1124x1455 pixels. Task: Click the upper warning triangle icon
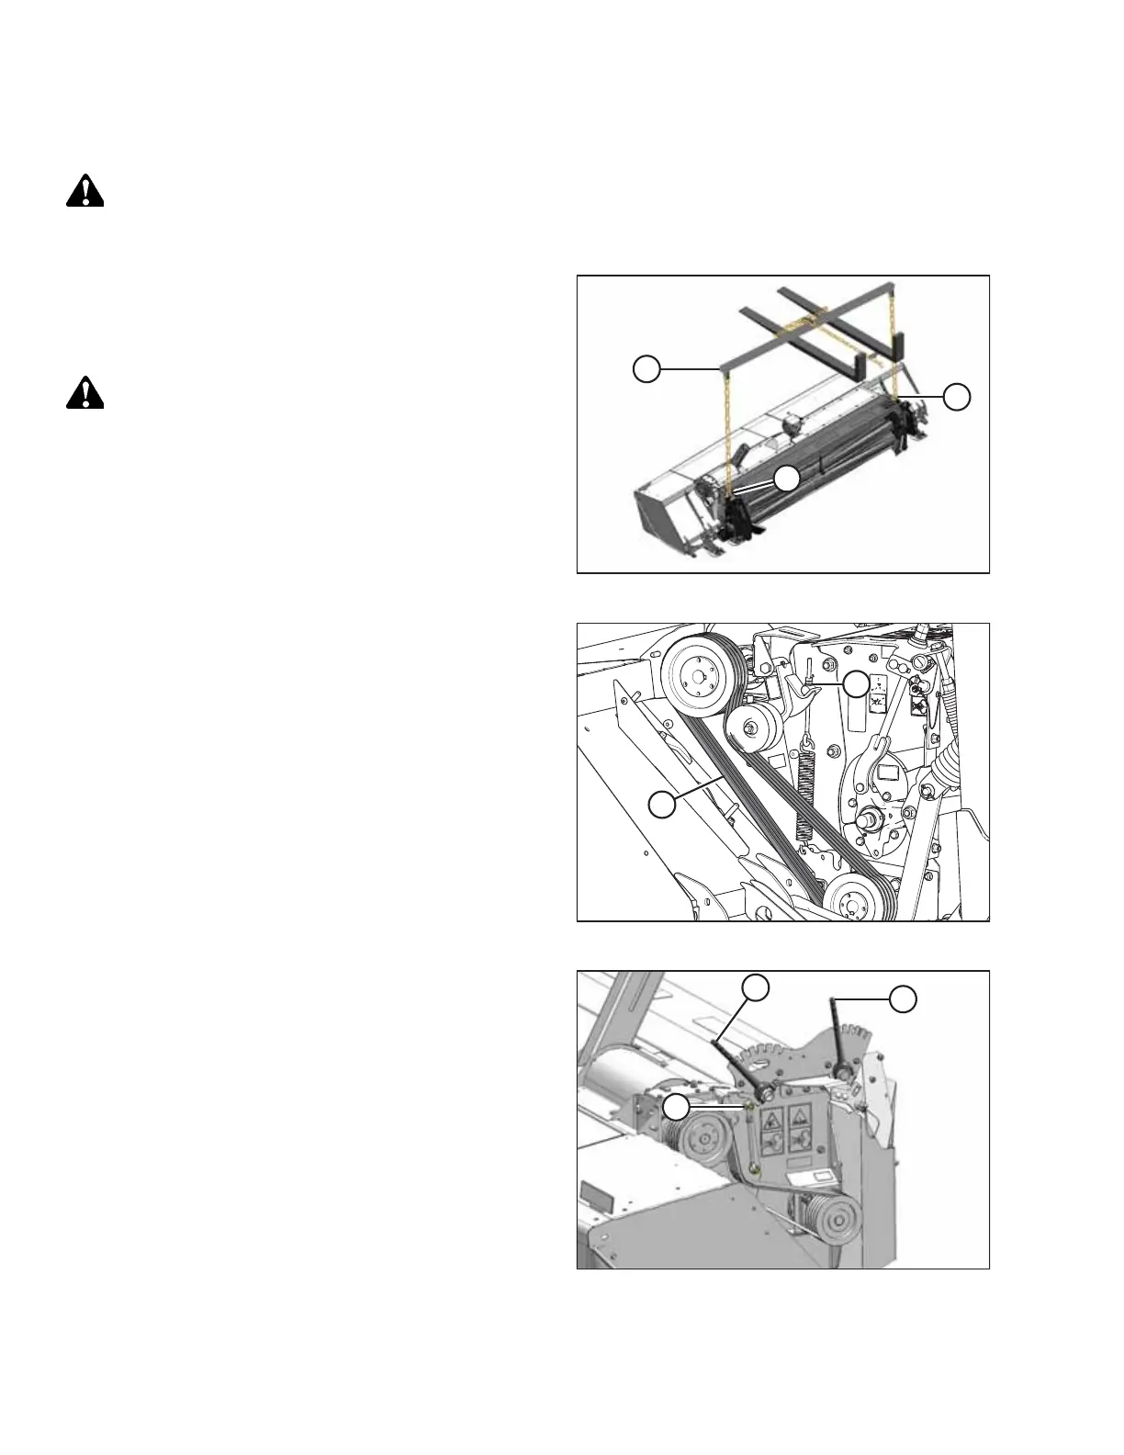click(x=84, y=191)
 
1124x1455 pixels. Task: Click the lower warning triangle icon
click(x=84, y=392)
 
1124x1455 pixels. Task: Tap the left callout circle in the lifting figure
click(x=646, y=369)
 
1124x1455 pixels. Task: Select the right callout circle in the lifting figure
click(x=957, y=396)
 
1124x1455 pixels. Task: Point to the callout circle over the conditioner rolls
click(x=786, y=478)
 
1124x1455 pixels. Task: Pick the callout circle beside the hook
click(x=857, y=682)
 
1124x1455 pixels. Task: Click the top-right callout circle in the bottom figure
click(x=904, y=999)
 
